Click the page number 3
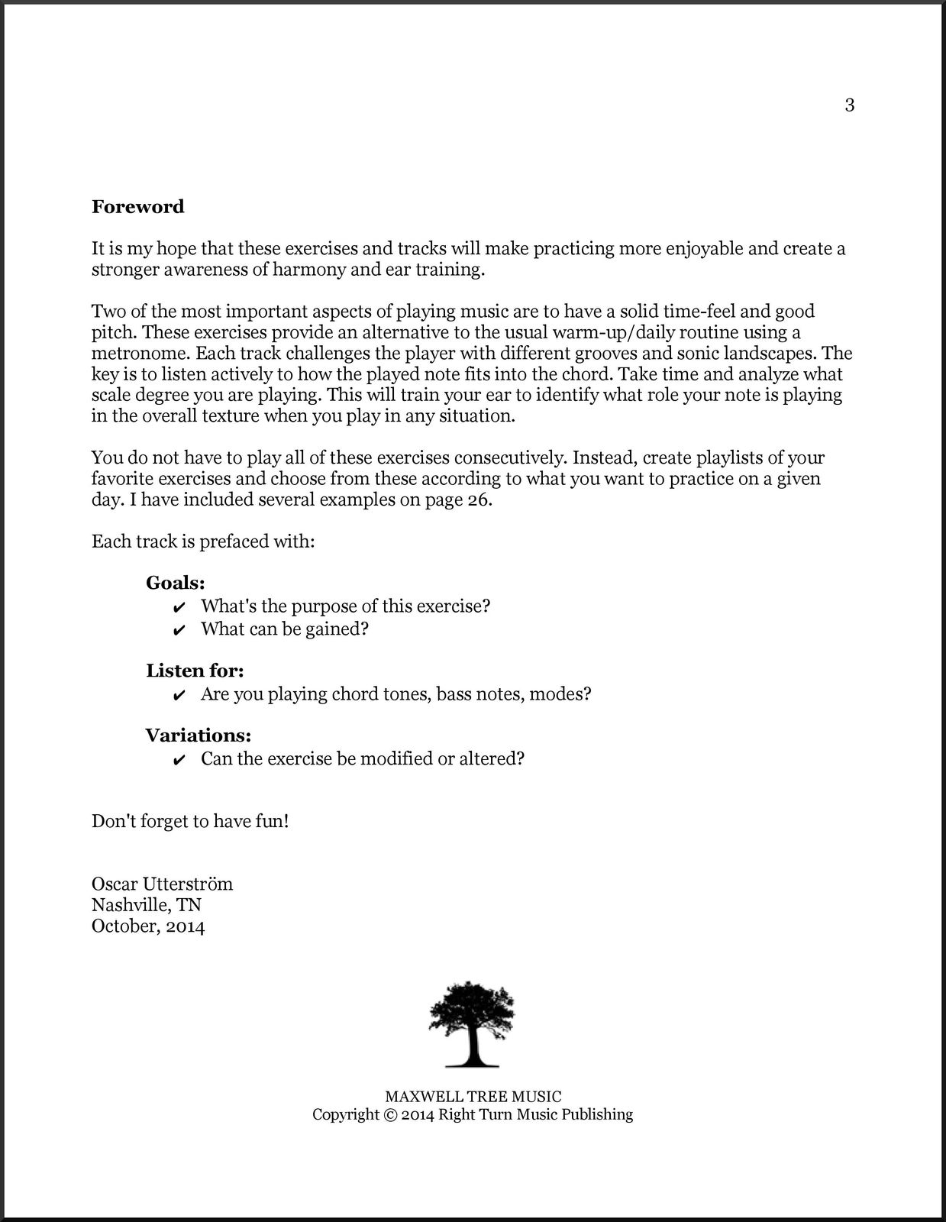[x=849, y=105]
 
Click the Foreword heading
[x=138, y=207]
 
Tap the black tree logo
[x=472, y=1024]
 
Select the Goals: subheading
[x=176, y=584]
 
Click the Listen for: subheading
[x=195, y=671]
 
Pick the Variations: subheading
[x=199, y=736]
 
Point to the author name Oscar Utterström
[x=162, y=884]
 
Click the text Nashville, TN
[x=147, y=906]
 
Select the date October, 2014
[x=148, y=927]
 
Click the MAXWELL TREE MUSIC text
[x=473, y=1098]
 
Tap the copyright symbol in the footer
[x=389, y=1115]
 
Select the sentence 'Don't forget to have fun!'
[x=190, y=822]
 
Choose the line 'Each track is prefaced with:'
[x=203, y=542]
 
